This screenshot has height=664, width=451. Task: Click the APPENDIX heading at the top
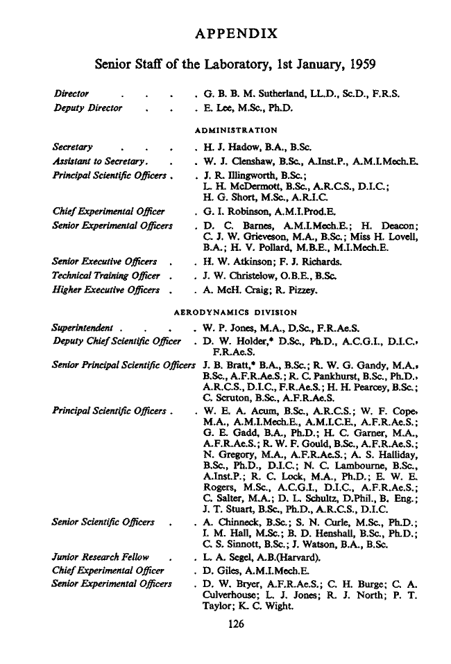click(x=237, y=34)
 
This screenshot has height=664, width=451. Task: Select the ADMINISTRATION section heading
click(x=236, y=130)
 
